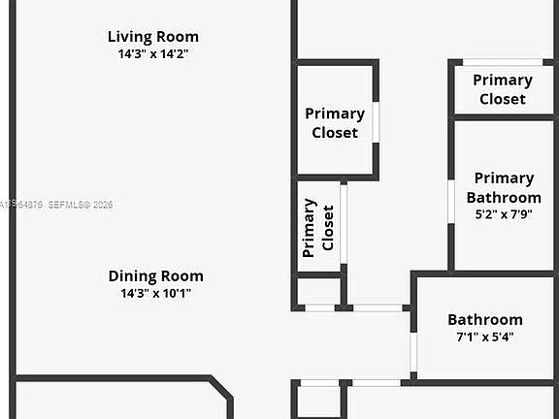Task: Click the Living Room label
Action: (153, 37)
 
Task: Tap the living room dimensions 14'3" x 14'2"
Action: (153, 54)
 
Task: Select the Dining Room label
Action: (155, 275)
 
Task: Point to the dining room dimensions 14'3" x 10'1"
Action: (155, 293)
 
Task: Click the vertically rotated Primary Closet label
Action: (318, 228)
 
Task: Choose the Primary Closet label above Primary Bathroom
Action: (502, 89)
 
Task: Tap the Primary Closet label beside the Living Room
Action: (335, 123)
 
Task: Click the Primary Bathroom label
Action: (504, 187)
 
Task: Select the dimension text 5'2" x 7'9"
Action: (504, 214)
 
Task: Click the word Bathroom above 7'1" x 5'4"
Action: (485, 319)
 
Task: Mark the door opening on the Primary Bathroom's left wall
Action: (451, 202)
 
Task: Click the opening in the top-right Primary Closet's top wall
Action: (502, 63)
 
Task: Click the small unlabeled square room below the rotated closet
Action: (318, 291)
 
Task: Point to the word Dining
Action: (131, 275)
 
